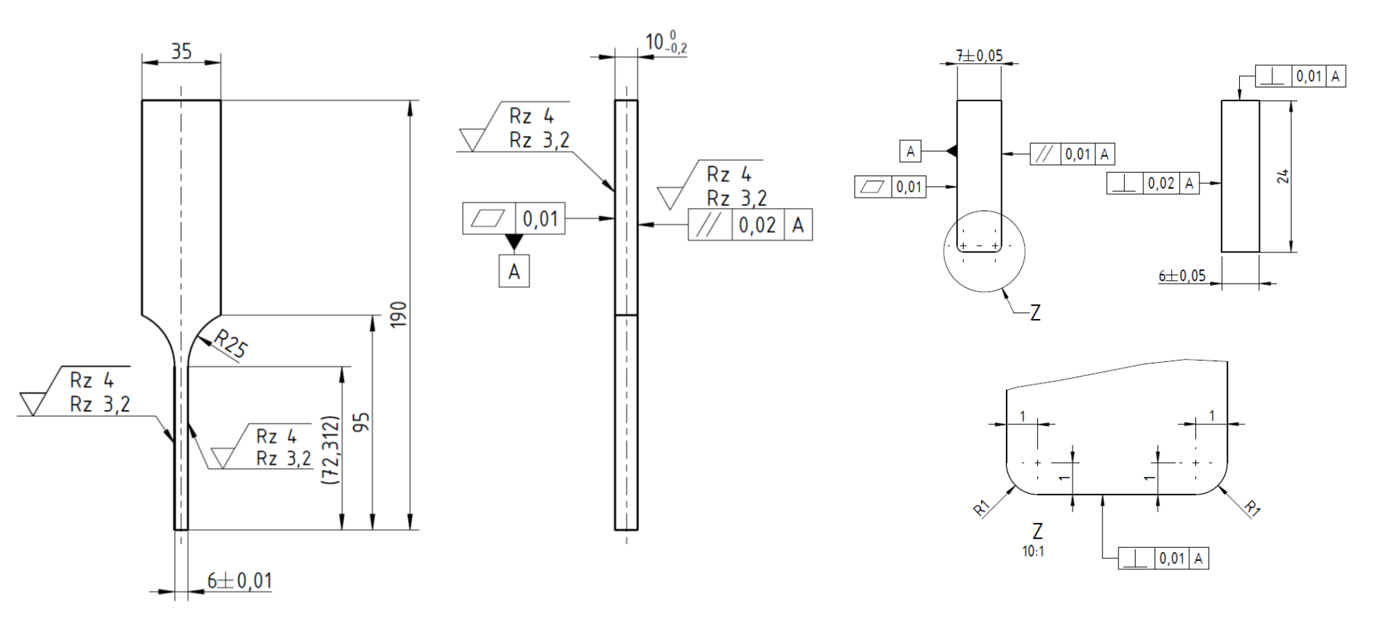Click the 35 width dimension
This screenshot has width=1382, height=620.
(x=181, y=51)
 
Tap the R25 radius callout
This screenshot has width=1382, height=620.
(x=230, y=343)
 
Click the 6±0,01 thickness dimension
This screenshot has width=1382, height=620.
(x=239, y=580)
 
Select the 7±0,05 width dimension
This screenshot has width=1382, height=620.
(x=980, y=55)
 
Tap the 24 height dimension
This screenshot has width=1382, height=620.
(x=1283, y=176)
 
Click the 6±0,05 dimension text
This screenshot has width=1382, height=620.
(x=1182, y=275)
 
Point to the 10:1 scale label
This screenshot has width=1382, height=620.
(x=1033, y=551)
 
